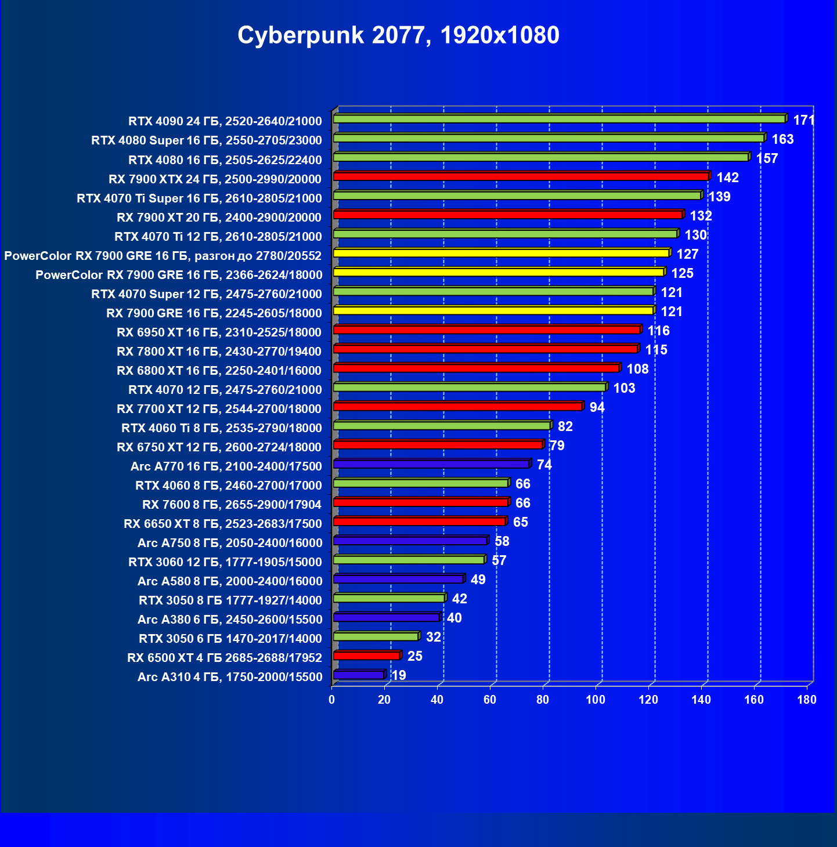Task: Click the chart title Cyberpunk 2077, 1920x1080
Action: click(x=398, y=35)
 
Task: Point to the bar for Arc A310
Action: click(x=359, y=675)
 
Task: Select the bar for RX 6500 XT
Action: click(x=366, y=656)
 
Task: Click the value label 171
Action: click(x=804, y=120)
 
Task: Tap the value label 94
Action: click(x=597, y=407)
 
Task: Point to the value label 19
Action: click(x=399, y=675)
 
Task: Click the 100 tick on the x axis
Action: click(x=596, y=700)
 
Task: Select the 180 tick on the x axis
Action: click(x=807, y=700)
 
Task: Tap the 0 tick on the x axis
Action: click(x=332, y=700)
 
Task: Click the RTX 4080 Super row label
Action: click(x=206, y=140)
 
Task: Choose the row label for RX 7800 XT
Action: click(x=219, y=352)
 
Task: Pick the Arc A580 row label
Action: click(x=229, y=581)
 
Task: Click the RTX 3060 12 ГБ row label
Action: click(x=225, y=562)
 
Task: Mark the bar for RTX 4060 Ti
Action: click(x=442, y=426)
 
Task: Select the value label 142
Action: click(x=727, y=178)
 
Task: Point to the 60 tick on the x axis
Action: click(x=490, y=700)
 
